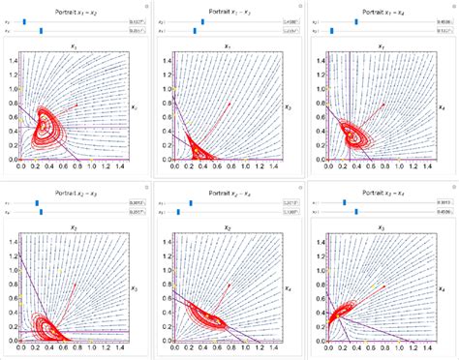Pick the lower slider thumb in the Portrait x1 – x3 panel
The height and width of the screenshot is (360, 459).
pyautogui.click(x=194, y=29)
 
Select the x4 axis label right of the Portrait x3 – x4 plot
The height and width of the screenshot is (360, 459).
pyautogui.click(x=441, y=288)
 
